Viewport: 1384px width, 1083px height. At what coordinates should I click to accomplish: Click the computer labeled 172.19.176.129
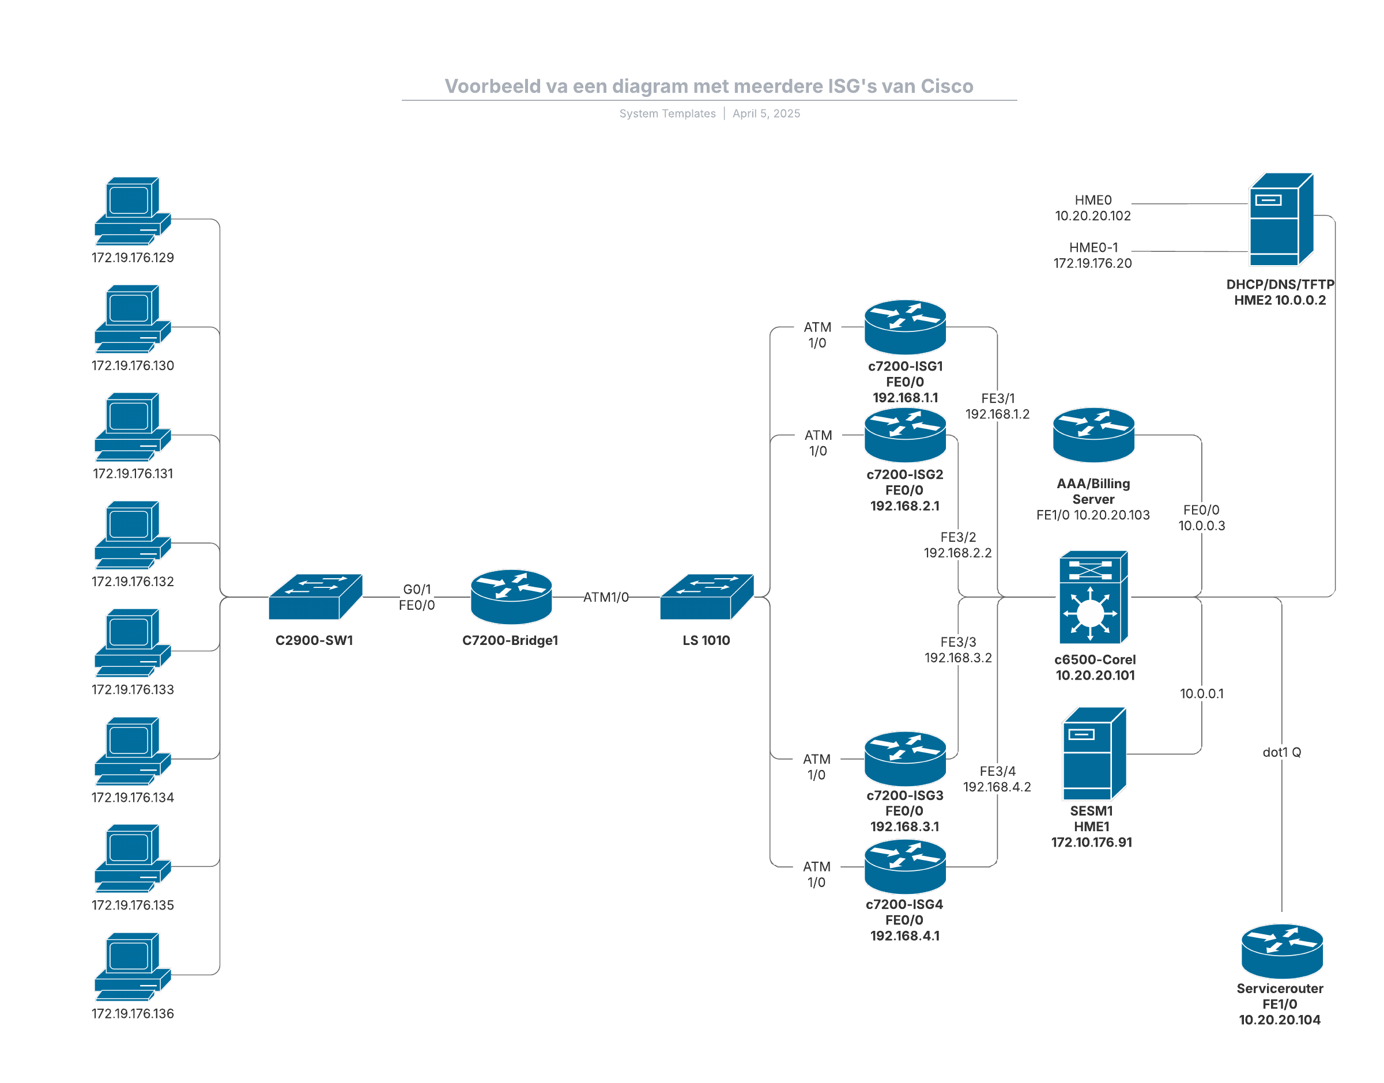point(132,210)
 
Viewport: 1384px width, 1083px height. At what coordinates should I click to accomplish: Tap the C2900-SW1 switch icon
point(315,597)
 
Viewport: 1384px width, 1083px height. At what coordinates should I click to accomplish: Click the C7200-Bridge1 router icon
point(511,597)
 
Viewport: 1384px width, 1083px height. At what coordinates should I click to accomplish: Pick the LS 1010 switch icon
point(706,597)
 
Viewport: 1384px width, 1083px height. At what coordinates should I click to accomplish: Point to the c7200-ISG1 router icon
point(905,327)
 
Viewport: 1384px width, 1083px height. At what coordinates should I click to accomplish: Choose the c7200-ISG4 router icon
point(905,866)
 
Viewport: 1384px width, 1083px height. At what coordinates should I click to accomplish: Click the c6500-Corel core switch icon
point(1093,597)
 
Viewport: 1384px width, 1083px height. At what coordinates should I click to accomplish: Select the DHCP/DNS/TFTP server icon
point(1280,220)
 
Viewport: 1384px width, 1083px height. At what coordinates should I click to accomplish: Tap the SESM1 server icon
point(1093,754)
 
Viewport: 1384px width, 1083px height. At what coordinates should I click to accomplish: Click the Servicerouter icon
point(1281,951)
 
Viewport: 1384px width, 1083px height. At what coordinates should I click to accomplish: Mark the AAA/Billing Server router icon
point(1093,435)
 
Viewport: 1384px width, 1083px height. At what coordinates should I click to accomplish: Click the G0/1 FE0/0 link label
point(417,597)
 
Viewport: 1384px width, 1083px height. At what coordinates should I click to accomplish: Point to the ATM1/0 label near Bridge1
point(605,597)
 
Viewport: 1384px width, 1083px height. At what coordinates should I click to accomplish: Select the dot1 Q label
point(1281,752)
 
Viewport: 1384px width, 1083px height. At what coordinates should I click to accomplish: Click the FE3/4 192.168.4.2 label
point(997,779)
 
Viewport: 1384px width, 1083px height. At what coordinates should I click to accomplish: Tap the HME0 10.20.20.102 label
point(1092,208)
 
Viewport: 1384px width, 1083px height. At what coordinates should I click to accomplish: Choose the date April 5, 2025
point(766,114)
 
